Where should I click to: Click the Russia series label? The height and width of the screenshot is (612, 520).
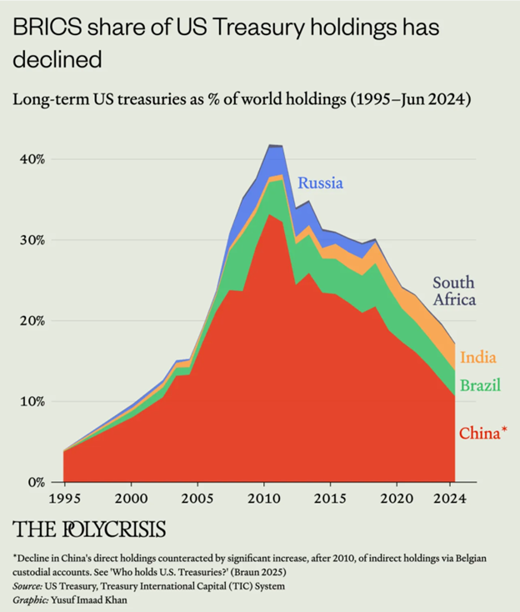pyautogui.click(x=321, y=183)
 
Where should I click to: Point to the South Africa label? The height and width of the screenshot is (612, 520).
pyautogui.click(x=453, y=291)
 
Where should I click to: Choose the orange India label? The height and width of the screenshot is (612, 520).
pyautogui.click(x=478, y=357)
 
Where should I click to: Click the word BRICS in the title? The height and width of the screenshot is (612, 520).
pyautogui.click(x=42, y=28)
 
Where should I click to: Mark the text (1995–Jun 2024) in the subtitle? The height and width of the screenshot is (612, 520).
pyautogui.click(x=400, y=100)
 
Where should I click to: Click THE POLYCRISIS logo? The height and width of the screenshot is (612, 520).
pyautogui.click(x=89, y=529)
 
